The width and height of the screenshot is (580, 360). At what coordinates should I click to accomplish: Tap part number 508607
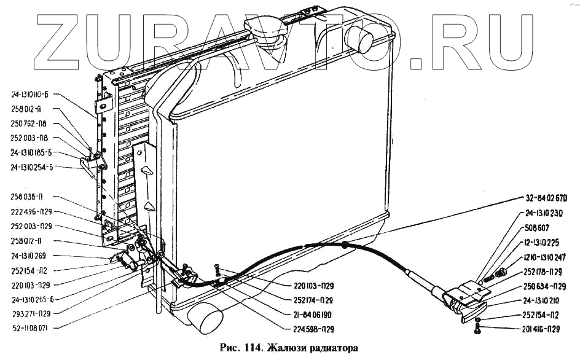[x=538, y=227]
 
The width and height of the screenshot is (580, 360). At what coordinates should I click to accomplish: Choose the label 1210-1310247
[x=546, y=256]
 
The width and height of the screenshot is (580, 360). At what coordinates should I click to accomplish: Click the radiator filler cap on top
[x=262, y=28]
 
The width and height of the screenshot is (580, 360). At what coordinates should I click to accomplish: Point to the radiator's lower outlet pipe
[x=206, y=319]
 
